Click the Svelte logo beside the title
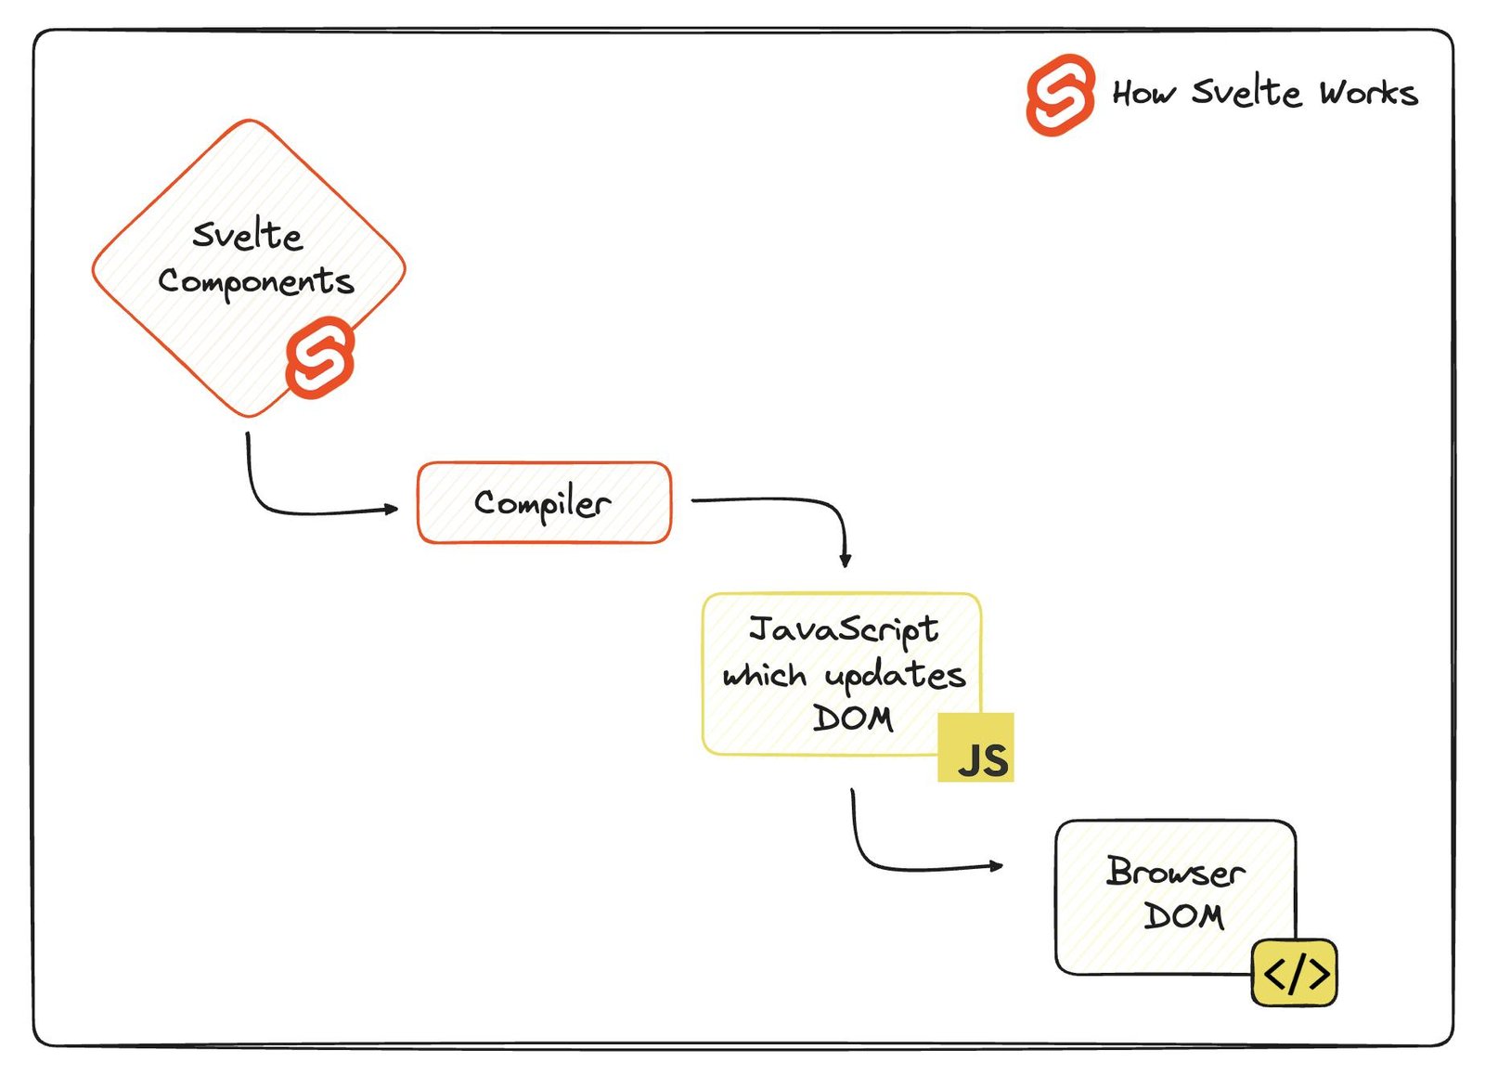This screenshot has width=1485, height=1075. coord(1059,94)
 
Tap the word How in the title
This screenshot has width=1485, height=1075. coord(1143,93)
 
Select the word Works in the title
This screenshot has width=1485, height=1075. coord(1368,93)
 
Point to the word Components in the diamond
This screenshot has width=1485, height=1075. coord(255,281)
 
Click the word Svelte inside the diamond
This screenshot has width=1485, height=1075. coord(247,235)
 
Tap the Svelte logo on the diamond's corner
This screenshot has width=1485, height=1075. coord(319,357)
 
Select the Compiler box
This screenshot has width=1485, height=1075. coord(544,502)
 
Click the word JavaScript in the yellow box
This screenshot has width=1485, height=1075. coord(843,629)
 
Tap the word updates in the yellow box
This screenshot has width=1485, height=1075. coord(895,676)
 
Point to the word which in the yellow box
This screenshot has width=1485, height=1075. coord(764,675)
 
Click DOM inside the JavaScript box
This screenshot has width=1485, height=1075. coord(852,718)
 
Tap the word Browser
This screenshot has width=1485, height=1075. coord(1174,872)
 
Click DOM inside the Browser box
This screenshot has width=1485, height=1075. coord(1183,916)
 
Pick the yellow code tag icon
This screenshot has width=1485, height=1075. coord(1295,973)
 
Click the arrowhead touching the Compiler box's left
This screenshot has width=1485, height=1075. coord(392,509)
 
